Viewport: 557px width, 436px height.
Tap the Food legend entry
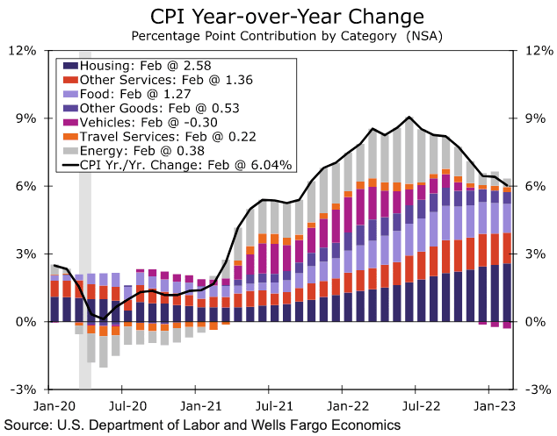click(x=140, y=94)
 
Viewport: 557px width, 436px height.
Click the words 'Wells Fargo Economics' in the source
click(x=331, y=425)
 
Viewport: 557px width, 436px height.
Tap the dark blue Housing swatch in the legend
click(x=69, y=66)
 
